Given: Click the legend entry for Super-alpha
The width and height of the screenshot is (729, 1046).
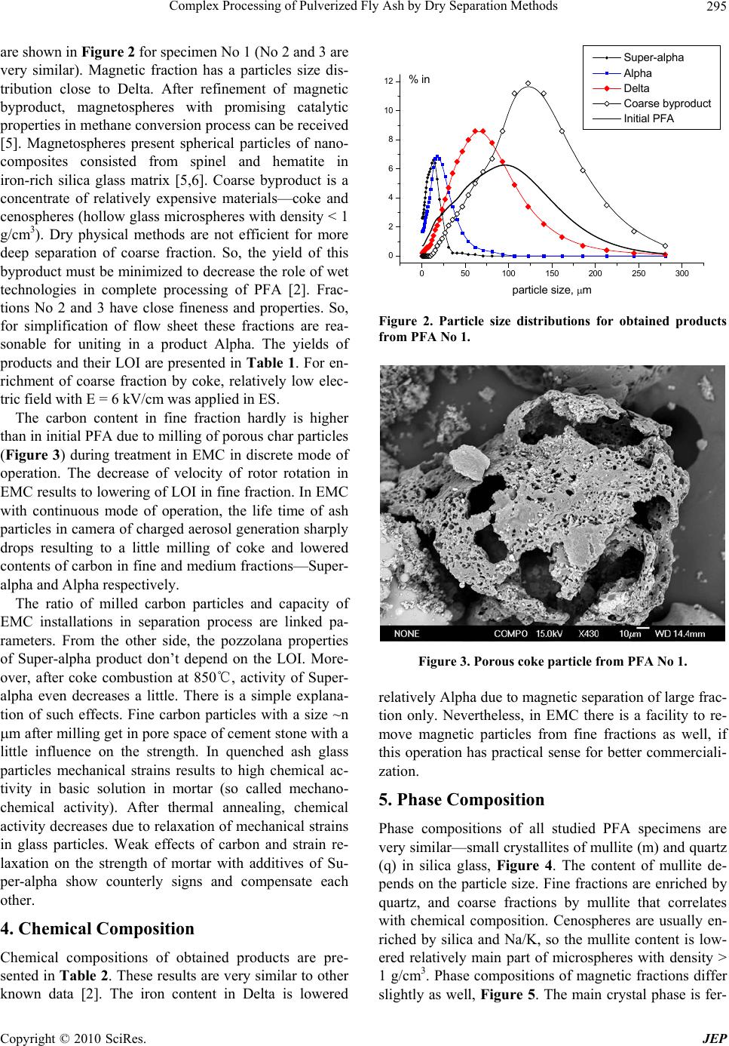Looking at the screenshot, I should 654,57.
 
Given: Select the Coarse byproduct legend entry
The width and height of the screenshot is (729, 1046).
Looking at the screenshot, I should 667,103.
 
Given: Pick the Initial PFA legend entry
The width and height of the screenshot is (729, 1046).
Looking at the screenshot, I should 648,118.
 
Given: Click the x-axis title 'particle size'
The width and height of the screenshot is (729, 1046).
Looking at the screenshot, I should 551,290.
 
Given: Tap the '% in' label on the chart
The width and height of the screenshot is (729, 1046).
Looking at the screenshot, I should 419,79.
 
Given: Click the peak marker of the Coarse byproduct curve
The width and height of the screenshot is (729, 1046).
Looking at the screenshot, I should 528,83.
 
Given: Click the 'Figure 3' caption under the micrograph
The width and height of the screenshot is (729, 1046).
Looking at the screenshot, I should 553,663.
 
